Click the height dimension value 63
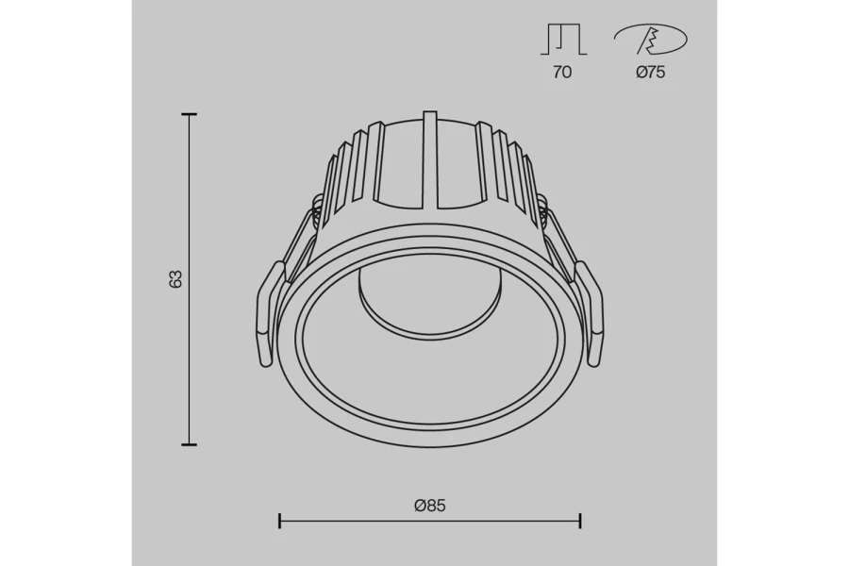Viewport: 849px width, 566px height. point(175,279)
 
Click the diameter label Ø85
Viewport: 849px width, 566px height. point(429,505)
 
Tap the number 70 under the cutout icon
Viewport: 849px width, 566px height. point(562,73)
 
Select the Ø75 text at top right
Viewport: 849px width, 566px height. point(650,73)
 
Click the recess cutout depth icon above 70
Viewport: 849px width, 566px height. point(563,41)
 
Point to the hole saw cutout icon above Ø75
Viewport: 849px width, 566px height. point(650,41)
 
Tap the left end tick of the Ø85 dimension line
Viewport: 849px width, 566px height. point(280,521)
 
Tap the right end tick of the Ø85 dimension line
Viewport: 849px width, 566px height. point(579,521)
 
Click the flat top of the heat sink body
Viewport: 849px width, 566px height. point(430,124)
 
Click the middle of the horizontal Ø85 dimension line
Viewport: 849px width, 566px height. point(429,521)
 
